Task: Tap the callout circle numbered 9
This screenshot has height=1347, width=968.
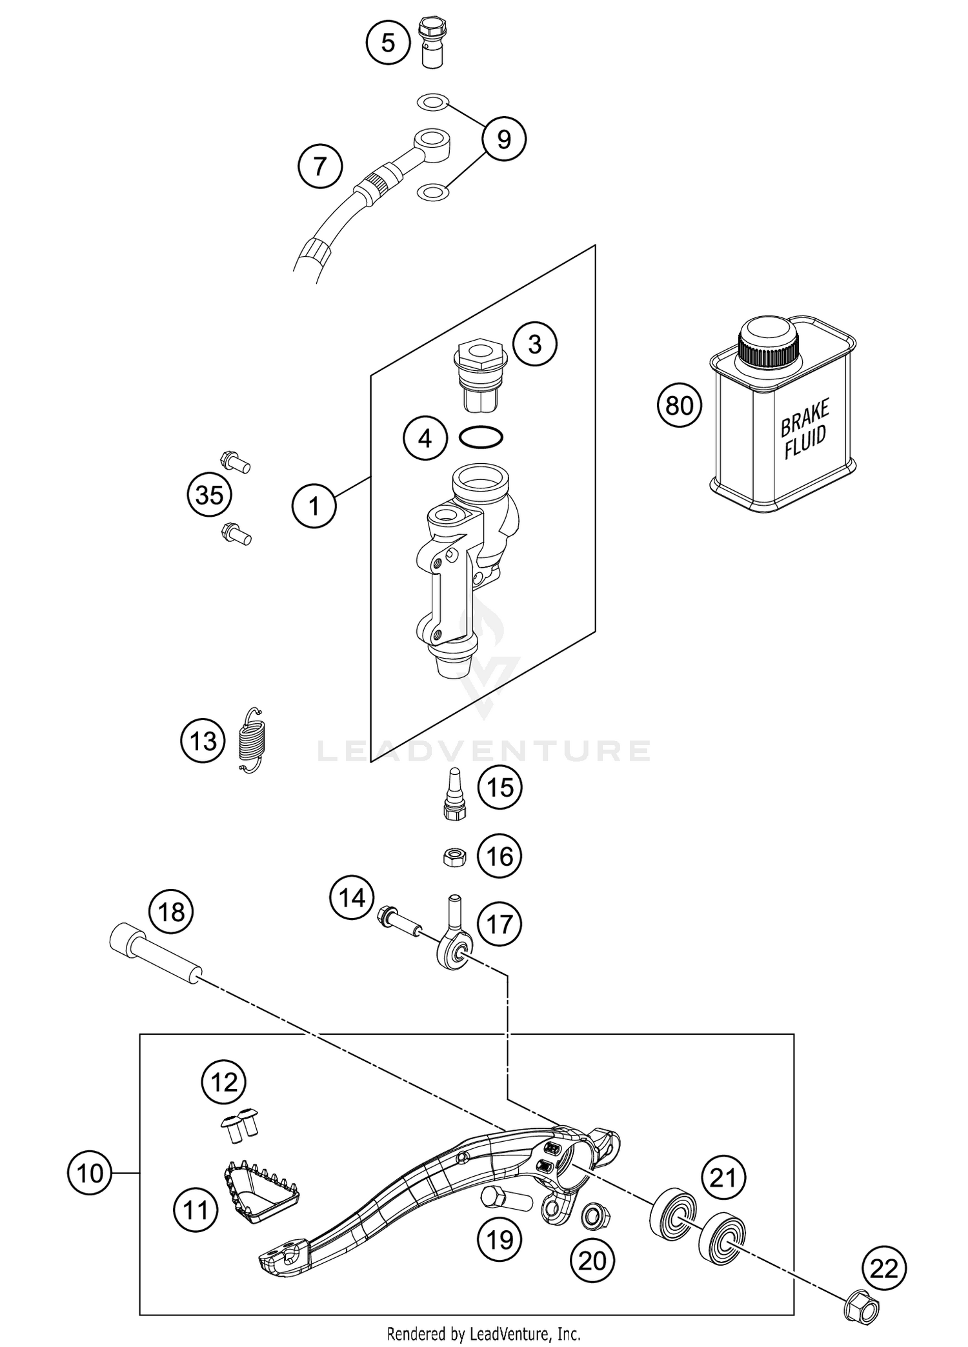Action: point(504,139)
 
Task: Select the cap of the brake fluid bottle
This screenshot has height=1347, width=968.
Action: point(769,341)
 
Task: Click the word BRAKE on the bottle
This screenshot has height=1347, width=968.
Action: point(805,418)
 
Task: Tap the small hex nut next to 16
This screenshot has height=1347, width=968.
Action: point(456,857)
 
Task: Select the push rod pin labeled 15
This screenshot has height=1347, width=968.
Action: point(456,793)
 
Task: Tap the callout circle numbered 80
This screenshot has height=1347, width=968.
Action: point(679,406)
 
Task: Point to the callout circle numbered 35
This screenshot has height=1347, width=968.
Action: point(210,495)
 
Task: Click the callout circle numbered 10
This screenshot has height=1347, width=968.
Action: point(90,1172)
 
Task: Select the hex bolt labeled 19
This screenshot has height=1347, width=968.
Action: point(507,1198)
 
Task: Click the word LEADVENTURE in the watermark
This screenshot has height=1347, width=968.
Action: point(484,751)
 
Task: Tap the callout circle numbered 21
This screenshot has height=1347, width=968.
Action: point(723,1179)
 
